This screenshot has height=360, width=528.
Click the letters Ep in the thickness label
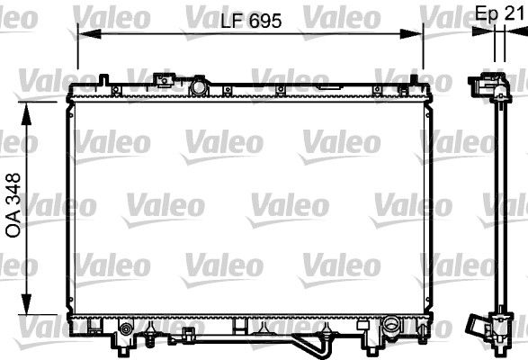[x=486, y=13]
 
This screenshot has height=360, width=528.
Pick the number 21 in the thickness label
[x=514, y=13]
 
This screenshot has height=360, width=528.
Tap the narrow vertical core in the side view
[x=494, y=207]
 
